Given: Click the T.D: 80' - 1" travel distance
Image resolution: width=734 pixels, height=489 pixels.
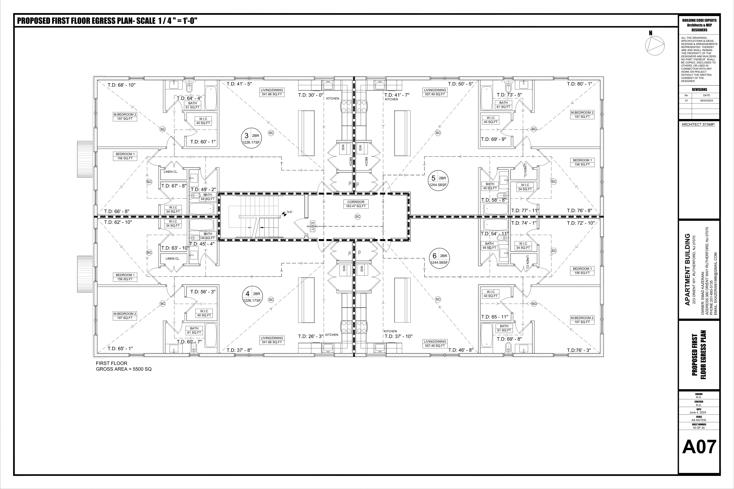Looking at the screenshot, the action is point(580,84).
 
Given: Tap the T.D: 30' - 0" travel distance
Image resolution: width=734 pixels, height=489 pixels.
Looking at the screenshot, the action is point(311,95).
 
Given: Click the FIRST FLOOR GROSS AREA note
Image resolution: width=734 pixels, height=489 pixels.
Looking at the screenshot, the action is point(124,366).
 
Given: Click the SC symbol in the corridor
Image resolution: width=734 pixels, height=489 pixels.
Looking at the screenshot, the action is point(358,216).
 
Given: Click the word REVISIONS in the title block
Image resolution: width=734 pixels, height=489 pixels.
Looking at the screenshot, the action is point(699,89).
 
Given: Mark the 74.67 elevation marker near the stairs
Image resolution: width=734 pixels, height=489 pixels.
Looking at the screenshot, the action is point(289,212).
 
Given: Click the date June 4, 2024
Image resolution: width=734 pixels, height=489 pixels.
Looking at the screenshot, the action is point(699,412).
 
